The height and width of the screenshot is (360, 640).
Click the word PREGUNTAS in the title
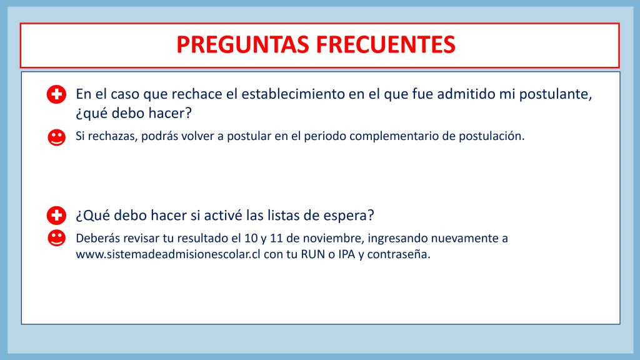pos(242,44)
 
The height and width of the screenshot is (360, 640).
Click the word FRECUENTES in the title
pos(386,44)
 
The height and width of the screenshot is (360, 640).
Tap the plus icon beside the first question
pos(56,95)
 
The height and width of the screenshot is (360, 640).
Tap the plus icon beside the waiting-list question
pos(56,216)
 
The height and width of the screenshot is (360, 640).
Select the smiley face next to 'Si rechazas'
pos(56,137)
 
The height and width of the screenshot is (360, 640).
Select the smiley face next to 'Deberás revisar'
pos(56,238)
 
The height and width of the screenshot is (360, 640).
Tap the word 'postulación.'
pos(491,136)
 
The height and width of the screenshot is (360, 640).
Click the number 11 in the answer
pos(276,238)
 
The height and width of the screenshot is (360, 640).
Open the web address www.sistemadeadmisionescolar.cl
pos(168,254)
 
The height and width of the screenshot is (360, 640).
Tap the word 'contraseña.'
pos(399,254)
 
